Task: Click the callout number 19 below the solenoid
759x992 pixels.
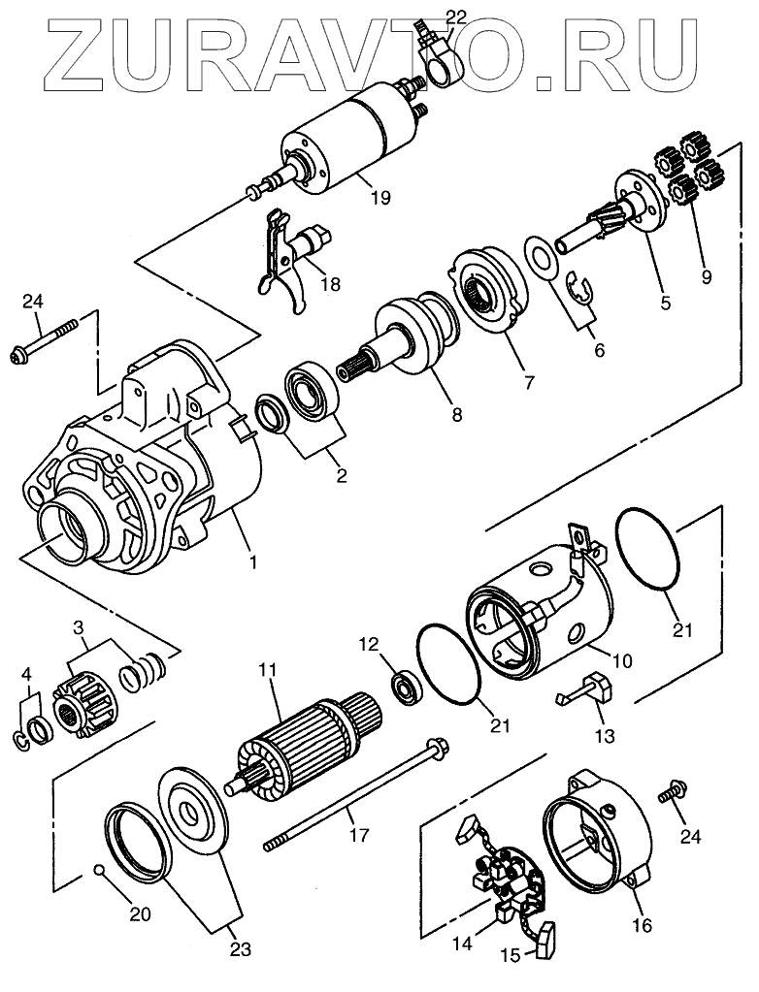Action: coord(379,198)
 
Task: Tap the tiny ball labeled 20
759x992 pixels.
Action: coord(99,869)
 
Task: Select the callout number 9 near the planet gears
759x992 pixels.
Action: coord(706,275)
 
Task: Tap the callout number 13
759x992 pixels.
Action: coord(604,737)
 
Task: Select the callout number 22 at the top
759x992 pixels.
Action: coord(454,16)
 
